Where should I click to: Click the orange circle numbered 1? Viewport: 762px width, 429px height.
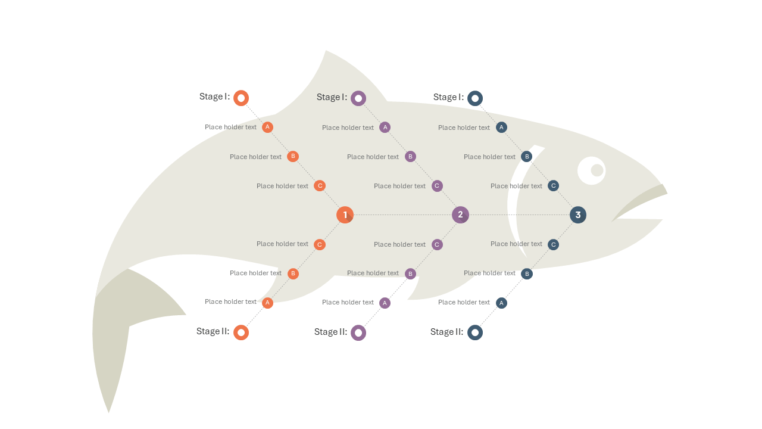point(345,215)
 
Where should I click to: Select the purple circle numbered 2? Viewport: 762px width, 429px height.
point(460,215)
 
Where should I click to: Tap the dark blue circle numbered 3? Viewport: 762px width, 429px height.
point(578,215)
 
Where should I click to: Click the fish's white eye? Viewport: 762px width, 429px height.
point(592,170)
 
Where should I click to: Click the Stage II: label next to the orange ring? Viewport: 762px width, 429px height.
point(213,331)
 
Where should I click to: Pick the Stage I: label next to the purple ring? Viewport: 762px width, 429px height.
point(332,97)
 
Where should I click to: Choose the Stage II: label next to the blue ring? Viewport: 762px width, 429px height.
point(446,332)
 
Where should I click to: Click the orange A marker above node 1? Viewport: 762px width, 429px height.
point(267,127)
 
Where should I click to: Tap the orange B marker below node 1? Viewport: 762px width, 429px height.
point(293,273)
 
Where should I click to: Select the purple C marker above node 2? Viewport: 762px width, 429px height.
point(437,186)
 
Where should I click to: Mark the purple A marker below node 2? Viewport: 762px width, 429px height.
point(385,303)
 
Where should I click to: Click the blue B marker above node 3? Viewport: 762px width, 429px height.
point(527,157)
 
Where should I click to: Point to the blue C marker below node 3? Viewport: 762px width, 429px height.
point(553,244)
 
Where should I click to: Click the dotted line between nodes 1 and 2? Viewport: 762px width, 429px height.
point(403,215)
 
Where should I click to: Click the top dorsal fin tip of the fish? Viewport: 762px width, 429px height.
point(326,51)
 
